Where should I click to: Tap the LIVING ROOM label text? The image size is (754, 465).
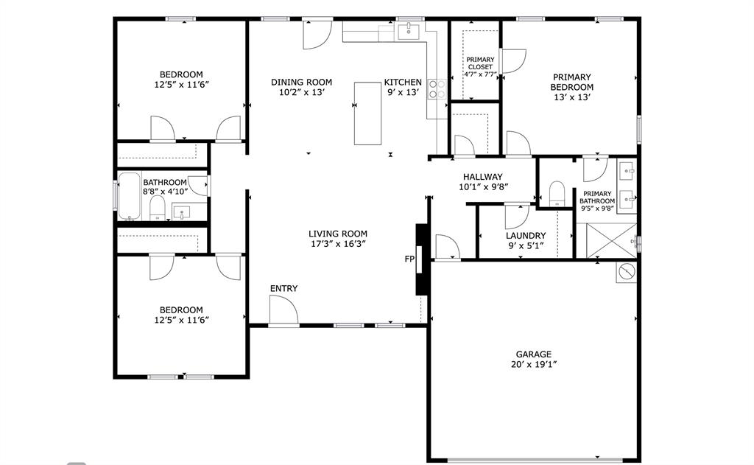(338, 234)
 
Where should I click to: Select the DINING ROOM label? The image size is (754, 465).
(301, 83)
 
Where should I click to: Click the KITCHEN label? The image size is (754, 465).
(403, 83)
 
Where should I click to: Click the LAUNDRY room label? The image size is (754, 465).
(526, 236)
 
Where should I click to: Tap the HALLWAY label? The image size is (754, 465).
(482, 177)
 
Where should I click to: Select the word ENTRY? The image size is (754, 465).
(283, 288)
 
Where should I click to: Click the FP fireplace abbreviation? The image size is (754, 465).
(409, 259)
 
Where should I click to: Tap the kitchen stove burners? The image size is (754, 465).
(437, 89)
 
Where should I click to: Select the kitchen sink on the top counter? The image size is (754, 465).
(407, 31)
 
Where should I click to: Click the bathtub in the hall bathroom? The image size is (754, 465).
(130, 197)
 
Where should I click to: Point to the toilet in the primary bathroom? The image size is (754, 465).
(557, 193)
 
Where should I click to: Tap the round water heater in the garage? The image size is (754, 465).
(626, 271)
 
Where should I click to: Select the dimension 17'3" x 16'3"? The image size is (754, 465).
(338, 243)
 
